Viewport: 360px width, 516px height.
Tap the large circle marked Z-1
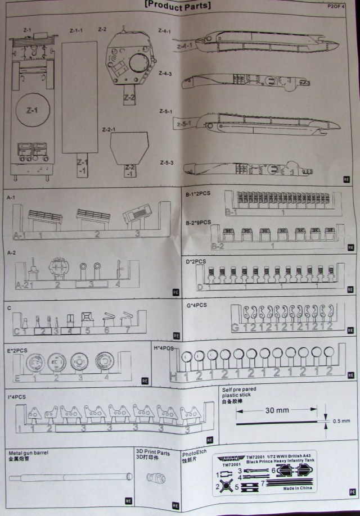pyautogui.click(x=32, y=111)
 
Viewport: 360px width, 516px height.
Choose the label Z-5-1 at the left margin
pyautogui.click(x=165, y=111)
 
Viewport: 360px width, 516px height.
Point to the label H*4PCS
pyautogui.click(x=163, y=348)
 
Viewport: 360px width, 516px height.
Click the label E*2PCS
pyautogui.click(x=16, y=350)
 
